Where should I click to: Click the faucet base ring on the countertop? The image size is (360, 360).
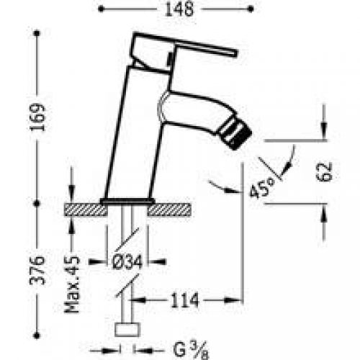127,199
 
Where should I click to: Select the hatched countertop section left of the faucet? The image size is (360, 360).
83,210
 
